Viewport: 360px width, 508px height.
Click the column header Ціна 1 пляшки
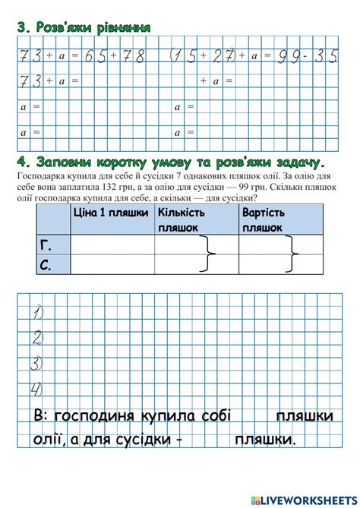coord(110,213)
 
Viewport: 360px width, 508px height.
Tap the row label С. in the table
coord(44,263)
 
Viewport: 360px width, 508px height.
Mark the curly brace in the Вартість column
coord(292,253)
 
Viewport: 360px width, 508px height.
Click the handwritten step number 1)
coord(36,312)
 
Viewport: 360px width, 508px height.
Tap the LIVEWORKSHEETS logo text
coord(307,499)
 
